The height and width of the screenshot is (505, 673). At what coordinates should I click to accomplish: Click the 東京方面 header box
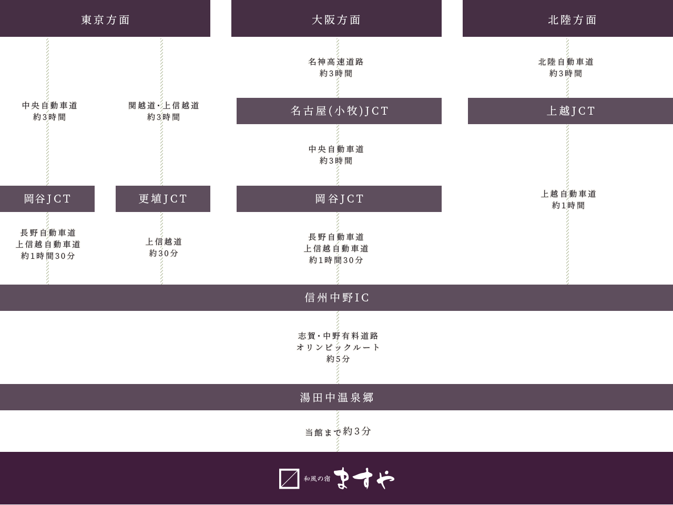point(105,19)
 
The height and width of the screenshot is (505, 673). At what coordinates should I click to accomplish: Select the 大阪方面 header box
point(336,19)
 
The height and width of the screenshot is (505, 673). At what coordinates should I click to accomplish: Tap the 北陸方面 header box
point(567,19)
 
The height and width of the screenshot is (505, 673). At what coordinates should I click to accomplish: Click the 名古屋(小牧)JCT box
point(339,110)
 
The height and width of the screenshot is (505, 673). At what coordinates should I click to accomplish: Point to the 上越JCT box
point(570,110)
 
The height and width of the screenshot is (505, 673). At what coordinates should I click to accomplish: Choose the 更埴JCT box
point(163,198)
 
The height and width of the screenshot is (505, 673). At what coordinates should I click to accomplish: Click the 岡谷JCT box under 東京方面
point(47,198)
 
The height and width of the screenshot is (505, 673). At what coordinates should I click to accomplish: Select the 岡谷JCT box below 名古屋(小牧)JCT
point(339,198)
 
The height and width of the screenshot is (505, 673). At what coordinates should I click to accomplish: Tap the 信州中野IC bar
point(336,297)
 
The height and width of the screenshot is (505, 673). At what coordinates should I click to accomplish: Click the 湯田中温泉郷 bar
point(336,397)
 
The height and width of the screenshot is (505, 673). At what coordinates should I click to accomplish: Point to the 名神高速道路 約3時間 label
point(336,67)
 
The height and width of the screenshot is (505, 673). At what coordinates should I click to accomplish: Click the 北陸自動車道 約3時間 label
point(566,67)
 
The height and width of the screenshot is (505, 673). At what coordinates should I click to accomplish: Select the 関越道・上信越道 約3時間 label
point(164,111)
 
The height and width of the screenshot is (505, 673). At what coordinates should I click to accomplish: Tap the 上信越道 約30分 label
point(164,247)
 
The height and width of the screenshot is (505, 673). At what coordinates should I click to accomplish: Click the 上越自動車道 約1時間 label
point(568,199)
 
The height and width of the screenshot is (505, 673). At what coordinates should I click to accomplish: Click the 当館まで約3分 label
point(338,431)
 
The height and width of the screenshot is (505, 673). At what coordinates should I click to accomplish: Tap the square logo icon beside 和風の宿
point(289,479)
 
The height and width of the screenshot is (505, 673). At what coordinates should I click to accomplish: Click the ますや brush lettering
point(364,478)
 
